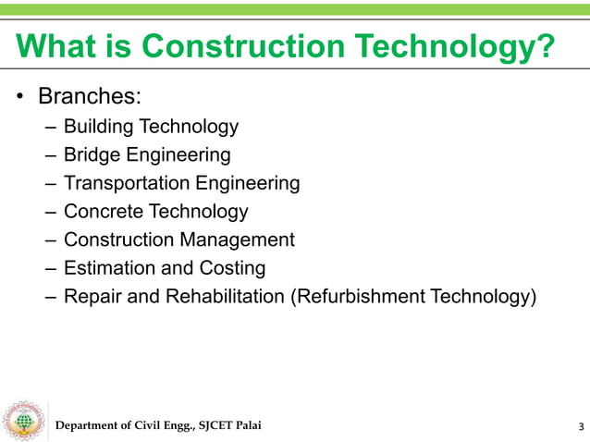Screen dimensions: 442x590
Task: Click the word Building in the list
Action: click(x=98, y=127)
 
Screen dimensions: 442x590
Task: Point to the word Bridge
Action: click(x=91, y=154)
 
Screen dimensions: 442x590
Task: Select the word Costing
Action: click(x=232, y=269)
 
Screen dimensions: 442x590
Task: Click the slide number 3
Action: click(x=580, y=426)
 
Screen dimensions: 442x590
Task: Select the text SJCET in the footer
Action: click(x=210, y=425)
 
